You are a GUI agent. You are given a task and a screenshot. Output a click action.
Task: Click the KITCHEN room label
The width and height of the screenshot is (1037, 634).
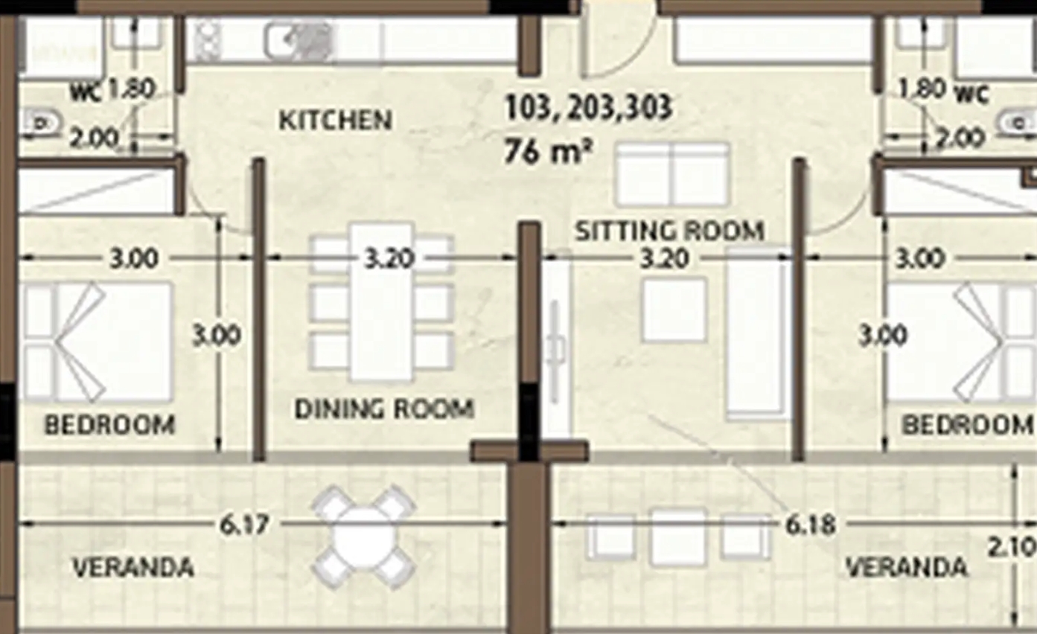coord(336,121)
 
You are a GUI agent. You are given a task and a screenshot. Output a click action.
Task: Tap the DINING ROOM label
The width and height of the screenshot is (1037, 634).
coord(384,409)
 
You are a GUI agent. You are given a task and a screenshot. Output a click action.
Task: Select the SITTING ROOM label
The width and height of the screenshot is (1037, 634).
coord(669,231)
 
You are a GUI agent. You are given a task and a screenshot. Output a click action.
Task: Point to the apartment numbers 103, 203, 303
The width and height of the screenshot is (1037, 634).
coord(588,108)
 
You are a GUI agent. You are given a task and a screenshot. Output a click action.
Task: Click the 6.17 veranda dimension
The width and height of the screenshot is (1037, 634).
coord(244,525)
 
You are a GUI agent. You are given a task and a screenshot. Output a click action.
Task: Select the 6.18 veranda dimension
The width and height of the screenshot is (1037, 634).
coord(811,525)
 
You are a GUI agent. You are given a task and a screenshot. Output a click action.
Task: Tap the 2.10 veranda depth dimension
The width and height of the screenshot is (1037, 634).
coord(1012,548)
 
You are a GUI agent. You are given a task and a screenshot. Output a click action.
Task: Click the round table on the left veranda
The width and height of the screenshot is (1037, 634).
coord(364,537)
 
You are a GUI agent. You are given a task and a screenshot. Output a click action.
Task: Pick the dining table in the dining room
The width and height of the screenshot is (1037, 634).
coord(381,301)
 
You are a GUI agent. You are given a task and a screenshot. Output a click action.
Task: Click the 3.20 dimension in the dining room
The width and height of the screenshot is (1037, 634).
coord(389,259)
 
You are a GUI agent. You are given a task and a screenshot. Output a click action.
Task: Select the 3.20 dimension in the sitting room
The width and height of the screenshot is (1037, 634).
coord(664,259)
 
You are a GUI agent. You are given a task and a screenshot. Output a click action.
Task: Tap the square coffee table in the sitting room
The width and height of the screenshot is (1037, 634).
coord(674,310)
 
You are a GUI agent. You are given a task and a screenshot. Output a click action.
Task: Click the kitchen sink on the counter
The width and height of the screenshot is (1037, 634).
coord(299,42)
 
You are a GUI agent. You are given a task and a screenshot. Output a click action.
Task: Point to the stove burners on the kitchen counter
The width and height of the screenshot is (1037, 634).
coord(207,41)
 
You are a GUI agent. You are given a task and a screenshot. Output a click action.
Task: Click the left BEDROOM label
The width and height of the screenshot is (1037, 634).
coord(109,424)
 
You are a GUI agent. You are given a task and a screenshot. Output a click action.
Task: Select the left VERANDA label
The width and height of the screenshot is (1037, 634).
coord(133,567)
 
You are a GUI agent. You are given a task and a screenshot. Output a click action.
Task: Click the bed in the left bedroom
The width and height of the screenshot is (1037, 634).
coord(98,342)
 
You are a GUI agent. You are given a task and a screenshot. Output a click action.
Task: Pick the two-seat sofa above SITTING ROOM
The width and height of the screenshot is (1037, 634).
coord(671,175)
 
